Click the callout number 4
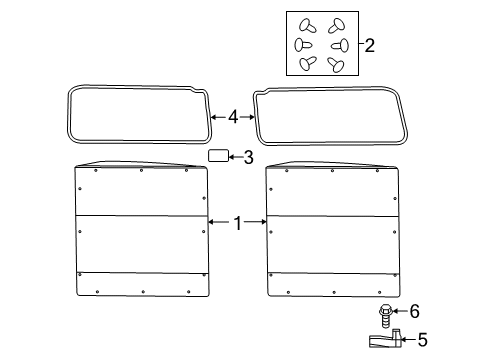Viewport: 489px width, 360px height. (233, 117)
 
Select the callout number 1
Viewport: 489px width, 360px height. (237, 224)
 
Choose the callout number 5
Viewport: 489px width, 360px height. (421, 340)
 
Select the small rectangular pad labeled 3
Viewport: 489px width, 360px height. (217, 156)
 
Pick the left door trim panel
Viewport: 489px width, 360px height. (140, 230)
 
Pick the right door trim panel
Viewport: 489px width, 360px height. (332, 230)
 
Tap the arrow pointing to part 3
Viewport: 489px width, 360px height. (235, 157)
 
